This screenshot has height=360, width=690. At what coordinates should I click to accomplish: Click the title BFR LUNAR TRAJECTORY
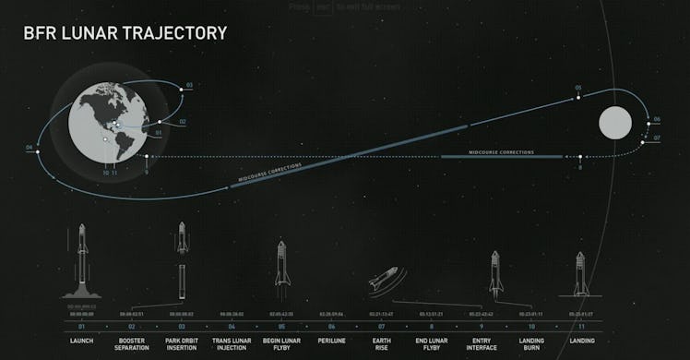(x=125, y=33)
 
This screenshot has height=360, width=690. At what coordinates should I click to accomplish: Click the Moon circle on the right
(x=615, y=122)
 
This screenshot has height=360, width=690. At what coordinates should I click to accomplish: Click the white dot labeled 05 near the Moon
(x=579, y=96)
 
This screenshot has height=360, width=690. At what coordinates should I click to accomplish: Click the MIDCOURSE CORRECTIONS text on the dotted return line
(x=501, y=152)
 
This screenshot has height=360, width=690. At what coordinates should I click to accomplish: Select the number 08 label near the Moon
(x=579, y=168)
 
